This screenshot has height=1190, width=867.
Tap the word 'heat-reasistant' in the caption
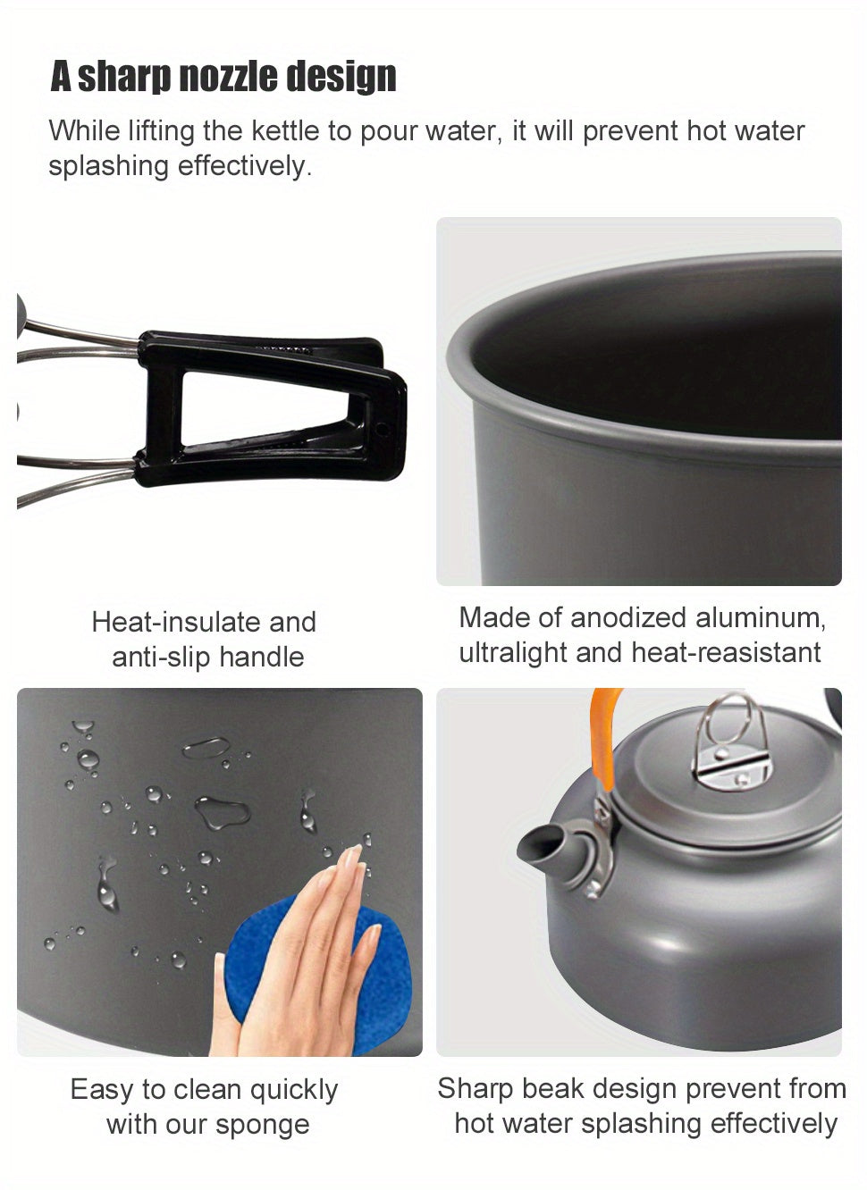click(725, 653)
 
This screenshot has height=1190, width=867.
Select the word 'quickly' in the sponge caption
click(293, 1090)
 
